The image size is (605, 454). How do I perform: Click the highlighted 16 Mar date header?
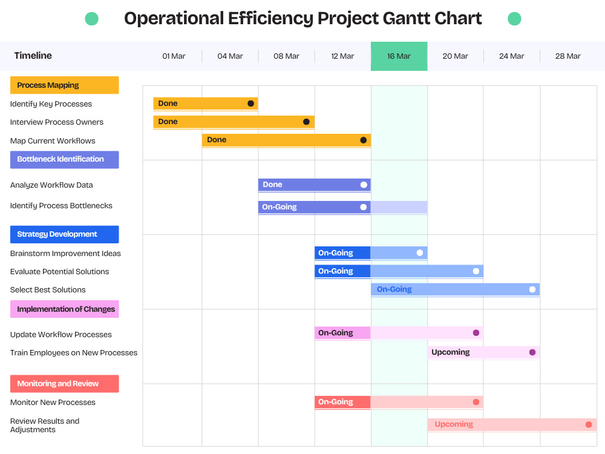(399, 56)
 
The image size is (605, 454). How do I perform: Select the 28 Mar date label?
(567, 56)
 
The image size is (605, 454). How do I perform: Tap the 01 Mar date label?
(174, 56)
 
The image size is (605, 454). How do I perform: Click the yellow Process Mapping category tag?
(65, 85)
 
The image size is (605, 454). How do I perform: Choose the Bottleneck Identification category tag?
(65, 159)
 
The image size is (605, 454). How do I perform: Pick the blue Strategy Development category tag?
(65, 234)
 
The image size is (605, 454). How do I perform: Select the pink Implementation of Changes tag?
(65, 309)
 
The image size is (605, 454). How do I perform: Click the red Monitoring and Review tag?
(65, 384)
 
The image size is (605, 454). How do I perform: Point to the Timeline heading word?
(33, 56)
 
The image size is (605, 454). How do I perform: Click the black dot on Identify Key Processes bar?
(251, 104)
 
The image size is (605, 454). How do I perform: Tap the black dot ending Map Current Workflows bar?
(364, 140)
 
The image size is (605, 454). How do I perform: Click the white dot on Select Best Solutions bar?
(532, 289)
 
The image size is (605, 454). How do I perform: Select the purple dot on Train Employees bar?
(532, 352)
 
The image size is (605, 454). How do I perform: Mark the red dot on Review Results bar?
(589, 425)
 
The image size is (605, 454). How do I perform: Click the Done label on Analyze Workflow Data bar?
(272, 185)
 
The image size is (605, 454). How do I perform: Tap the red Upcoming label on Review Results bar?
(454, 424)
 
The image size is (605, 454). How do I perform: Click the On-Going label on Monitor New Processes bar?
(336, 402)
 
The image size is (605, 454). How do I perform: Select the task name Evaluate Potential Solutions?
(59, 272)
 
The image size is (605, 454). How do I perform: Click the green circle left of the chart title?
(92, 19)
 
